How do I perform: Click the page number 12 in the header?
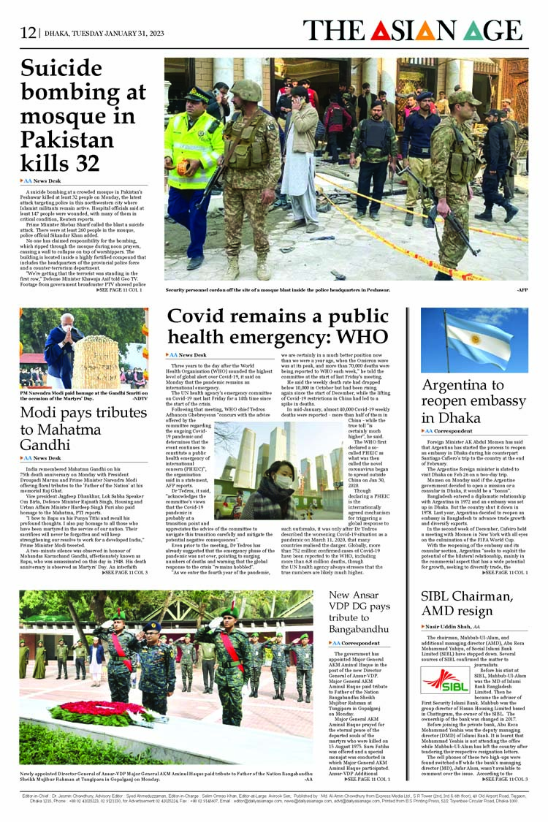coord(28,32)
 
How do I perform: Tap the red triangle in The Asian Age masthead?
coord(380,31)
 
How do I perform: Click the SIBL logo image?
coord(445,680)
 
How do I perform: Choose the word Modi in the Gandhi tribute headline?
coord(40,412)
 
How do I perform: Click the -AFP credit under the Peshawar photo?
coord(522,290)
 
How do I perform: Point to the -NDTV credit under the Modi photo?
coord(139,398)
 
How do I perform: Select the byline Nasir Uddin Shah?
coord(444,627)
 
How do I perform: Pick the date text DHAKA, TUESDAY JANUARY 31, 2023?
coord(104,33)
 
